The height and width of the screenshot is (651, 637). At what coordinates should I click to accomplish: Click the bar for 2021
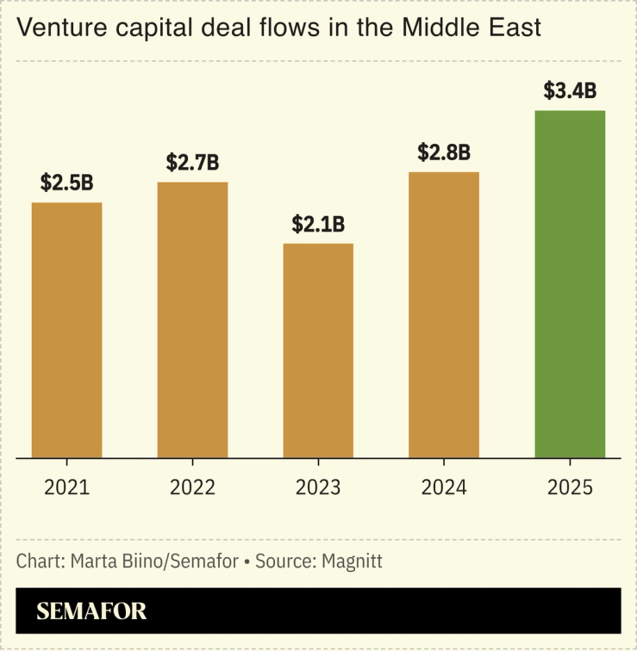pyautogui.click(x=67, y=330)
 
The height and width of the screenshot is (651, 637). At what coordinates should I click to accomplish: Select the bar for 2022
pyautogui.click(x=192, y=319)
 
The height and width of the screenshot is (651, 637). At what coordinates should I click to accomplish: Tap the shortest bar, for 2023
pyautogui.click(x=318, y=350)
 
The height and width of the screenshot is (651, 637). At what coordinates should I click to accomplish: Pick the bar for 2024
pyautogui.click(x=444, y=314)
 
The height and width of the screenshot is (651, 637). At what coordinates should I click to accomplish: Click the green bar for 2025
pyautogui.click(x=570, y=284)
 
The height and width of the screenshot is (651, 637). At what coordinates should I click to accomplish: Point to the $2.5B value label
pyautogui.click(x=67, y=183)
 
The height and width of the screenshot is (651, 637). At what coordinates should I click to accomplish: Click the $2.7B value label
pyautogui.click(x=192, y=162)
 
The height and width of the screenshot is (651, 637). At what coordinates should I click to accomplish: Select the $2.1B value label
pyautogui.click(x=318, y=224)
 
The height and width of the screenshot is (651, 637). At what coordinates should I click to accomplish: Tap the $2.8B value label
pyautogui.click(x=444, y=152)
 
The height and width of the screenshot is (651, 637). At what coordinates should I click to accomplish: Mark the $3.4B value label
pyautogui.click(x=570, y=91)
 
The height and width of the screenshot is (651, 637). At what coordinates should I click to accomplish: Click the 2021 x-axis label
pyautogui.click(x=67, y=487)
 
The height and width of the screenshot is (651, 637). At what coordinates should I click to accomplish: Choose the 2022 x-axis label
pyautogui.click(x=192, y=487)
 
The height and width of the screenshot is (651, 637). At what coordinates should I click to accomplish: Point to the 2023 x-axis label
pyautogui.click(x=318, y=487)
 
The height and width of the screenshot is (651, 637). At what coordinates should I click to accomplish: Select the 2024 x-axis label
pyautogui.click(x=444, y=487)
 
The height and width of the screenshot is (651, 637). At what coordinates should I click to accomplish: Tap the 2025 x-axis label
pyautogui.click(x=570, y=487)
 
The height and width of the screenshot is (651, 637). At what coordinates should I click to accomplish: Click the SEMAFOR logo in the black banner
pyautogui.click(x=91, y=611)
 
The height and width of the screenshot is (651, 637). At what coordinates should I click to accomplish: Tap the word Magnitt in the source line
pyautogui.click(x=352, y=561)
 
